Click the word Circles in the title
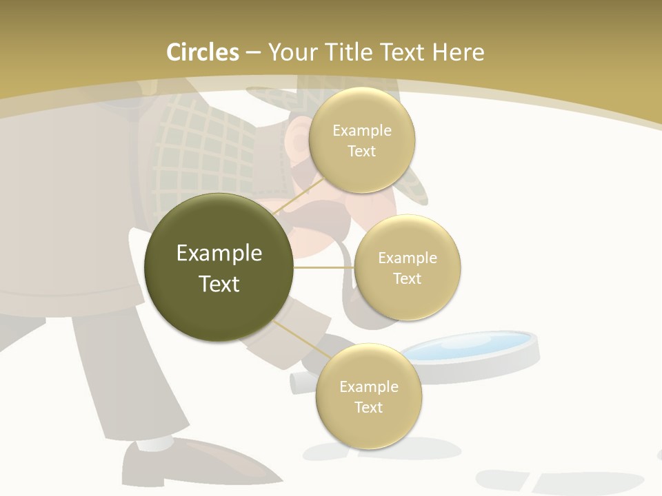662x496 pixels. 202,52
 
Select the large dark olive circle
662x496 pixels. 219,267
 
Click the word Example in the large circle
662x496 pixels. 219,254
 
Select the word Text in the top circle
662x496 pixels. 362,152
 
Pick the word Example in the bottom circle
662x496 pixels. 369,387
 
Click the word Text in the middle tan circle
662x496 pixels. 407,279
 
